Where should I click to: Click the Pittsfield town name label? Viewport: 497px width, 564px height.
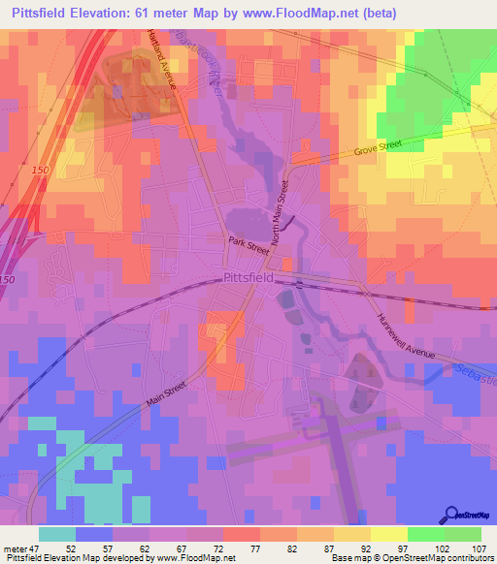(248, 277)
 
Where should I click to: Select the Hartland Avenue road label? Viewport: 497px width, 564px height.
(163, 60)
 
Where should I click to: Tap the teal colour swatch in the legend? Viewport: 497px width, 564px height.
(57, 534)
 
